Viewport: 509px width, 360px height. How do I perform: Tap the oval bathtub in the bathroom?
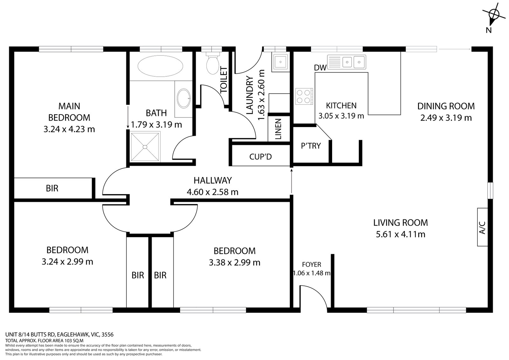coord(160,66)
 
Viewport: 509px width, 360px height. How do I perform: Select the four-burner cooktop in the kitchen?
coord(304,96)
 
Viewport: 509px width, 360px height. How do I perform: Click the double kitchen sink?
coord(346,62)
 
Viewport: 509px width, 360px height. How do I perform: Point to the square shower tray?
coord(145,147)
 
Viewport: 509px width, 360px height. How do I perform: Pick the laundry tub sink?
coord(281,62)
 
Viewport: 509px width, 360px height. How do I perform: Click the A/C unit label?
coord(482,228)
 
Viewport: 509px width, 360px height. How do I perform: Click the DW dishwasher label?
coord(320,67)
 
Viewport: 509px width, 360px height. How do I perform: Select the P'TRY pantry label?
coord(311,145)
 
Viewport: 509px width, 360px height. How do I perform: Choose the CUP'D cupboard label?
coord(261,157)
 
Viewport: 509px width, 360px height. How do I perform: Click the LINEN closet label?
coord(278,129)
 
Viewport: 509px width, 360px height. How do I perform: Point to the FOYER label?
coord(311,265)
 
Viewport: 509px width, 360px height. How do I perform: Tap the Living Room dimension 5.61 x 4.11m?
coord(401,234)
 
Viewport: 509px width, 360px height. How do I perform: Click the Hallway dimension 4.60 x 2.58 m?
coord(213,192)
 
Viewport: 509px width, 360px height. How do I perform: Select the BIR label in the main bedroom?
coord(52,188)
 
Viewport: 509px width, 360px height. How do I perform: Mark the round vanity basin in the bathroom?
coord(184,98)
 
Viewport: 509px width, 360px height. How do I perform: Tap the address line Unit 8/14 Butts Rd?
coord(59,335)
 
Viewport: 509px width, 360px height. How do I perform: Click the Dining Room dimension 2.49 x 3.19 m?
coord(446,118)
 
